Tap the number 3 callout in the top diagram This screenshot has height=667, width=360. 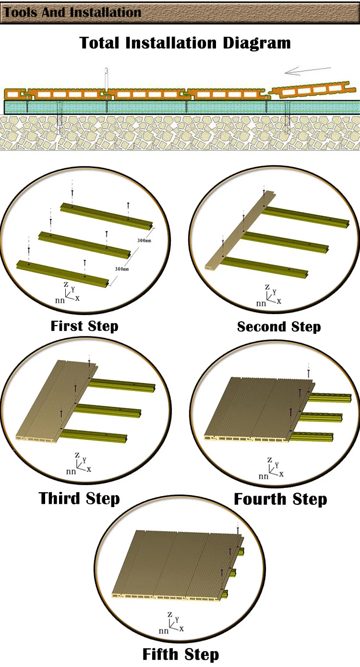coord(106,71)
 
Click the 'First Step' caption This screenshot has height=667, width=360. coord(84,326)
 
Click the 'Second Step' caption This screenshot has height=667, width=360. coord(279,327)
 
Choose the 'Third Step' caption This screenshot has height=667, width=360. coord(79,498)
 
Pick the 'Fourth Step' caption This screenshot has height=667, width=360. coord(280,499)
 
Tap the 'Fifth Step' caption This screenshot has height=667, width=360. coord(180,654)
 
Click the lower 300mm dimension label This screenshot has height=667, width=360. coord(122,269)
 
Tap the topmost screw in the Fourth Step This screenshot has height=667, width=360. coord(308,372)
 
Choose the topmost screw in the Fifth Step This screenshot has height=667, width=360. coord(238,530)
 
